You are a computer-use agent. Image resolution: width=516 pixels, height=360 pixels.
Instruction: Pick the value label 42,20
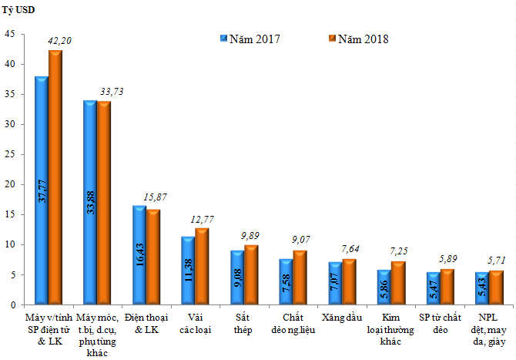point(60,40)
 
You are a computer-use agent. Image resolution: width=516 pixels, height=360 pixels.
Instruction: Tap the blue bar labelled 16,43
point(139,255)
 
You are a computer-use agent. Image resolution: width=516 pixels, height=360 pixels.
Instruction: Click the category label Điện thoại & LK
point(146,322)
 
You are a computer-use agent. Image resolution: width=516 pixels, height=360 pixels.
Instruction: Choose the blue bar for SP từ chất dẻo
point(434,288)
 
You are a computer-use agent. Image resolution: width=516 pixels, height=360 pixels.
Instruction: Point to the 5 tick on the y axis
point(12,274)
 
